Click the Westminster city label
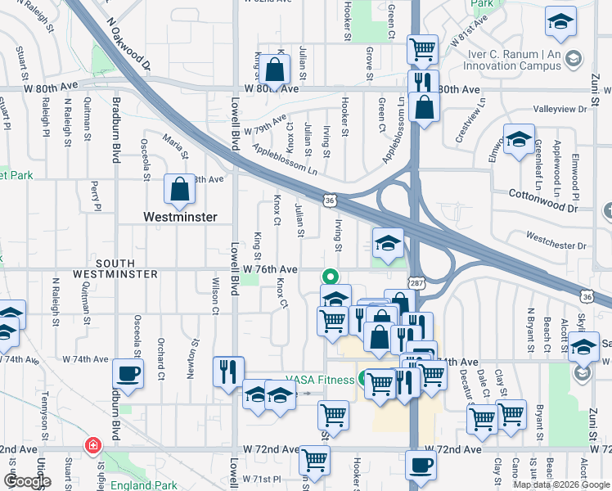[x=179, y=218]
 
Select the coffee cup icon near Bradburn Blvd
[x=128, y=374]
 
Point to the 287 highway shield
[x=415, y=280]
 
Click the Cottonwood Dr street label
[x=542, y=195]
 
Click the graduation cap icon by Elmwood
[x=519, y=139]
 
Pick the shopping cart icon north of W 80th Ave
[x=422, y=50]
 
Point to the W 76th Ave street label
[x=270, y=269]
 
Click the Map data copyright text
[x=561, y=484]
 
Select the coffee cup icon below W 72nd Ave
[x=421, y=465]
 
